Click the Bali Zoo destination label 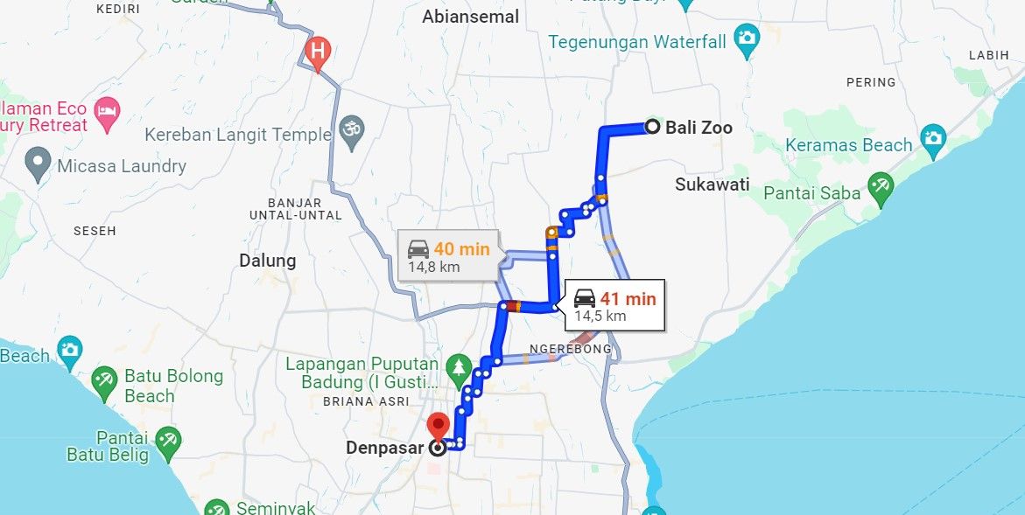pyautogui.click(x=699, y=128)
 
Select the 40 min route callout pyautogui.click(x=447, y=256)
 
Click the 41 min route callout pyautogui.click(x=614, y=305)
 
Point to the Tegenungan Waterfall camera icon pyautogui.click(x=746, y=39)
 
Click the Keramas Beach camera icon pyautogui.click(x=933, y=139)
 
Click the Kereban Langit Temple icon pyautogui.click(x=351, y=128)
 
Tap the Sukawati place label pyautogui.click(x=713, y=184)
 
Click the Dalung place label pyautogui.click(x=268, y=261)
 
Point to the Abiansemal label pyautogui.click(x=470, y=17)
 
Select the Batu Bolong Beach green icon pyautogui.click(x=104, y=379)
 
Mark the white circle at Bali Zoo pyautogui.click(x=652, y=127)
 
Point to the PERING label pyautogui.click(x=871, y=82)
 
